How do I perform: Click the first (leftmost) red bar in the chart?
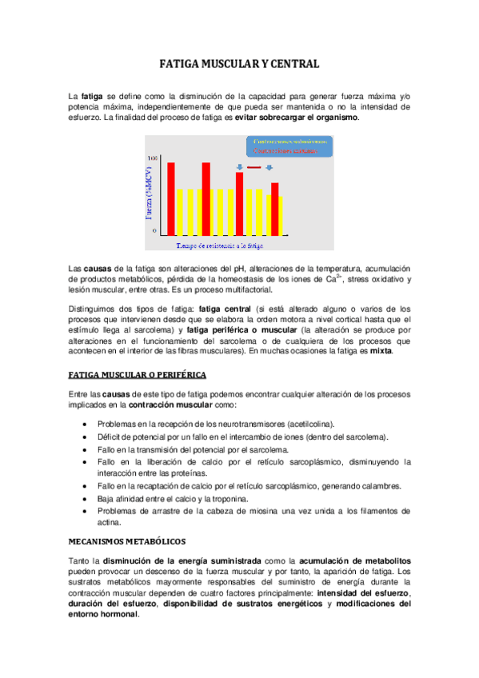(171, 197)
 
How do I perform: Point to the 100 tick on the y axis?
(153, 158)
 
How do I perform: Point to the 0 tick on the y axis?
(155, 230)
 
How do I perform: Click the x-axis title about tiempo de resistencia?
(220, 246)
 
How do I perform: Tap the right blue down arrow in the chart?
(269, 167)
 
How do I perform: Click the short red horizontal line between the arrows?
(254, 168)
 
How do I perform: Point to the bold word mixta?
(381, 350)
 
